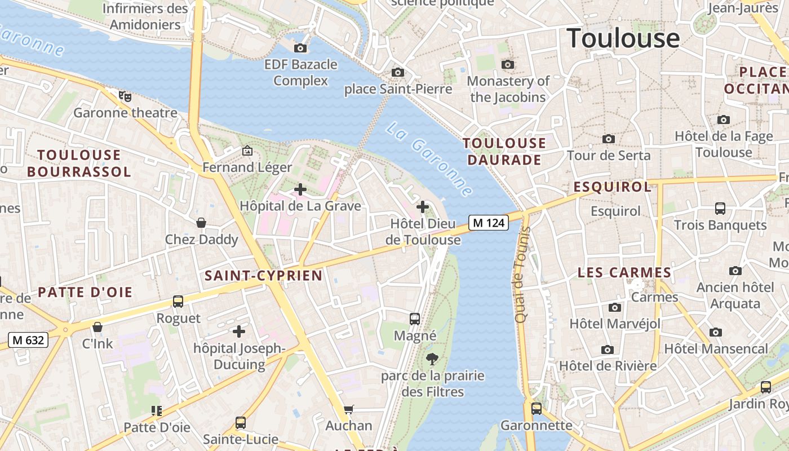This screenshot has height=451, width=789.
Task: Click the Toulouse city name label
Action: point(623,38)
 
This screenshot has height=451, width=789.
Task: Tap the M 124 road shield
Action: point(488,223)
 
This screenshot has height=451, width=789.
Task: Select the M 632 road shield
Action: point(28,340)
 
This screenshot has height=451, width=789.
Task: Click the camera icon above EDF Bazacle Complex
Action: point(300,48)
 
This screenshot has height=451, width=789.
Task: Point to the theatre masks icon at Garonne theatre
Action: point(125,96)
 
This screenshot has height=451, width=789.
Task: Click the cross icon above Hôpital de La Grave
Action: point(300,189)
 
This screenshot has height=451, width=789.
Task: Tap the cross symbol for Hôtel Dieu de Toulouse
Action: point(423,207)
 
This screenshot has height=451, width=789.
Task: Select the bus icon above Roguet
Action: point(178,302)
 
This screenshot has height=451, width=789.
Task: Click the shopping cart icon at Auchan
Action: point(349,409)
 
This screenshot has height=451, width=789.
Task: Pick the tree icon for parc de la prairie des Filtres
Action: point(432,359)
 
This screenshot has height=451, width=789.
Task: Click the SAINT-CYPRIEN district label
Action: point(263,276)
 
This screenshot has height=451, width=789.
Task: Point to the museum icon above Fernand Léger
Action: point(247,151)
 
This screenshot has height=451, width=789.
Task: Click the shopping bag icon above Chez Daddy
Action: point(201,223)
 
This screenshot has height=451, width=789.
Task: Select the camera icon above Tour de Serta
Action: point(608,139)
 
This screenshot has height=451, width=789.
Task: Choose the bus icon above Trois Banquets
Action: point(720,209)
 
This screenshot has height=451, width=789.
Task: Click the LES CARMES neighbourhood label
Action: point(624,273)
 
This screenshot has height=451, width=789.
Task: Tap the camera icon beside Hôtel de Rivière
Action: point(608,350)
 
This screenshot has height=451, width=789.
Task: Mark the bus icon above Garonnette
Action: point(536,409)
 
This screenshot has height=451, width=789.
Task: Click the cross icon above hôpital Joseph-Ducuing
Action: point(239,331)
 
